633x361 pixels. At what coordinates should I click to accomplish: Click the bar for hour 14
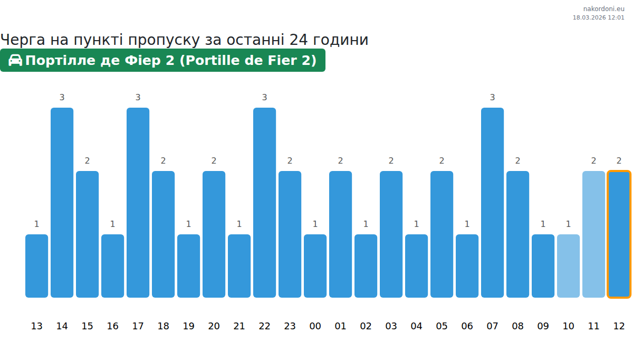tap(62, 203)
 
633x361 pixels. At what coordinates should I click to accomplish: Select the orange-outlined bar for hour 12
tap(619, 234)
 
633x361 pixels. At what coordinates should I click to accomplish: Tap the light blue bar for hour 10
tap(568, 266)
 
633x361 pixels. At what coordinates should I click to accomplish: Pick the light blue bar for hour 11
tap(593, 234)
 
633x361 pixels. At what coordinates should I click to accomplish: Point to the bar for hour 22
tap(264, 203)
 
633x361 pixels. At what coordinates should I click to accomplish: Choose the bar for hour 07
tap(492, 203)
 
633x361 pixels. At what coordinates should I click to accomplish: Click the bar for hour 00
tap(315, 266)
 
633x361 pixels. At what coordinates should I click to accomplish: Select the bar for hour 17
tap(138, 203)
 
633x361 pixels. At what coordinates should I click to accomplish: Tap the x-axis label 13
tap(36, 326)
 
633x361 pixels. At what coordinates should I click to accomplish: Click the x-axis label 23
tap(290, 326)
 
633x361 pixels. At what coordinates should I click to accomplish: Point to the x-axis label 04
tap(416, 326)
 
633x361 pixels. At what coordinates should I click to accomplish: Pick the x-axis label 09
tap(543, 326)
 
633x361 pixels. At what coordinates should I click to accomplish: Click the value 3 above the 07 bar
tap(492, 97)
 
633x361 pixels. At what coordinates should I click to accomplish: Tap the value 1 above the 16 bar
tap(112, 224)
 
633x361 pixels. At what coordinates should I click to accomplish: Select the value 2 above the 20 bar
tap(214, 160)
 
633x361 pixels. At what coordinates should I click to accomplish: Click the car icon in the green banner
tap(15, 60)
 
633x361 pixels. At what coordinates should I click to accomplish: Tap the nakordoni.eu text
tap(603, 9)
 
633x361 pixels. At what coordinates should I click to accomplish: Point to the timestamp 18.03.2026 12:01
tap(598, 17)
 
